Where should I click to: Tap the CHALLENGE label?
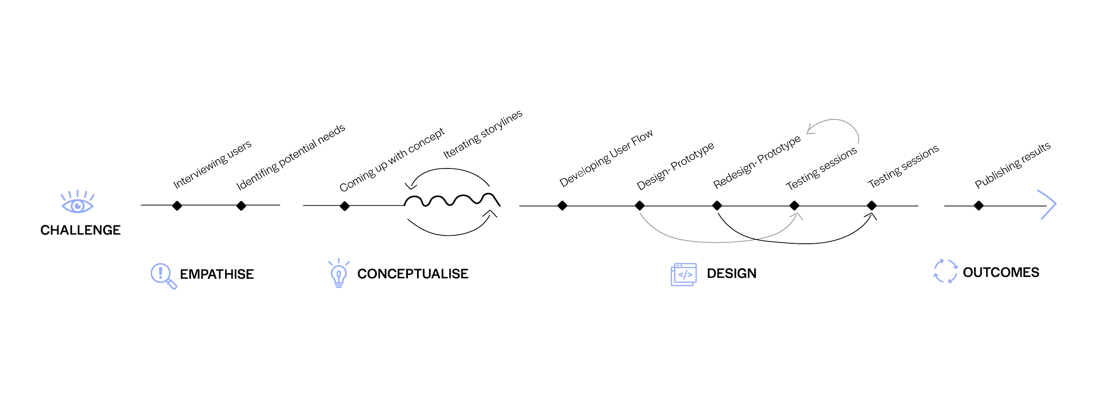tap(80, 230)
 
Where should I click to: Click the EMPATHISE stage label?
tap(217, 274)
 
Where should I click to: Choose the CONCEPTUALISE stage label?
tap(413, 274)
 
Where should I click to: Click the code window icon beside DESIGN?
tap(683, 274)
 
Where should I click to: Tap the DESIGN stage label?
tap(731, 273)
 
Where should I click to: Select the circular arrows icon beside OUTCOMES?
tap(945, 271)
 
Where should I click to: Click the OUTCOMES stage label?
tap(1001, 272)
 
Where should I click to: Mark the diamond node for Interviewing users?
tap(177, 205)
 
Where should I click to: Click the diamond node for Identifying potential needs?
tap(241, 205)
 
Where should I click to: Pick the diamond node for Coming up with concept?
tap(345, 205)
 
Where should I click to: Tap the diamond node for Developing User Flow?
tap(562, 205)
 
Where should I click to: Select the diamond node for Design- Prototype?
tap(639, 205)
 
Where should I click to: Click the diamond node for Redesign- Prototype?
tap(717, 205)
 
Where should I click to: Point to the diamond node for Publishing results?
tap(978, 205)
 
